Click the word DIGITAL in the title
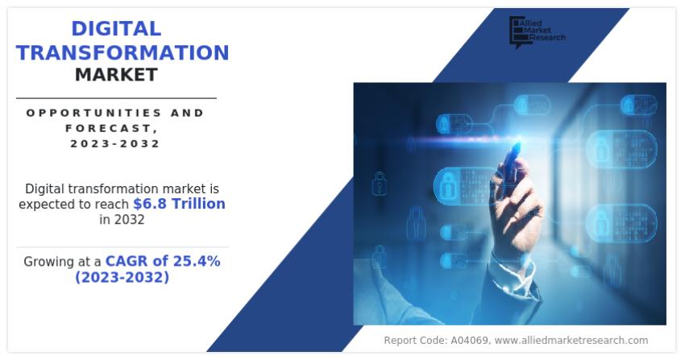116,29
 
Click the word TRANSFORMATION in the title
122,52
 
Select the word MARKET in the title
116,75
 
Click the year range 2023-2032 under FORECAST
115,143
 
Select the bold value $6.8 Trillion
179,204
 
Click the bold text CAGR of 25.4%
163,261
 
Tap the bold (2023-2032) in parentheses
122,277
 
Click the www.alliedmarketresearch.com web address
571,340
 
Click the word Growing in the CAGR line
51,262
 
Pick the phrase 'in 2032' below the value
122,220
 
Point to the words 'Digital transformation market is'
122,188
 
